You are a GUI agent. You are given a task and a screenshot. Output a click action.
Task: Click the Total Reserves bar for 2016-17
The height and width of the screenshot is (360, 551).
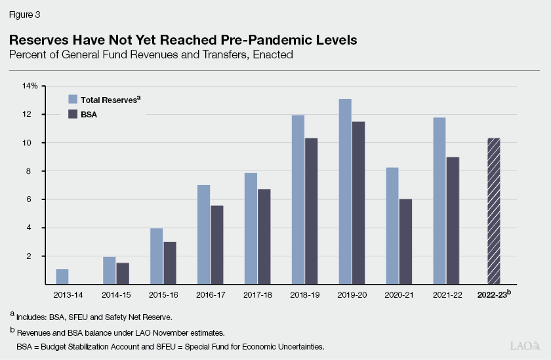pyautogui.click(x=204, y=235)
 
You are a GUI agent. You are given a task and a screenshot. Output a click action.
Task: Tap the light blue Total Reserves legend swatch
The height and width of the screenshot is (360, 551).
pyautogui.click(x=73, y=100)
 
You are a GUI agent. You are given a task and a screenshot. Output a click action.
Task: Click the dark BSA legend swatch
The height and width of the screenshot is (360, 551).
pyautogui.click(x=73, y=114)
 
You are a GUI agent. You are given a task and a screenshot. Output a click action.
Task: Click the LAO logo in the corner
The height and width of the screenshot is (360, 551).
pyautogui.click(x=525, y=345)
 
